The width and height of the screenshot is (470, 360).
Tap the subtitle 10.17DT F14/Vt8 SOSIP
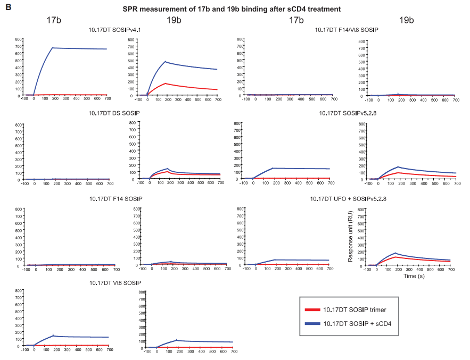point(347,31)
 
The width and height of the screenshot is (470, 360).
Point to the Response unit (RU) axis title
point(351,236)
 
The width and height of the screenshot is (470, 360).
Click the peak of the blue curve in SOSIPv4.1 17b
point(53,48)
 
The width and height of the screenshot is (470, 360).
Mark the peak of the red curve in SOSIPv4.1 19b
point(166,83)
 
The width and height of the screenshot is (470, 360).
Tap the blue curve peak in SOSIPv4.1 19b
point(166,62)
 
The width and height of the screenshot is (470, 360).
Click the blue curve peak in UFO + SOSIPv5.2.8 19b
point(395,253)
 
